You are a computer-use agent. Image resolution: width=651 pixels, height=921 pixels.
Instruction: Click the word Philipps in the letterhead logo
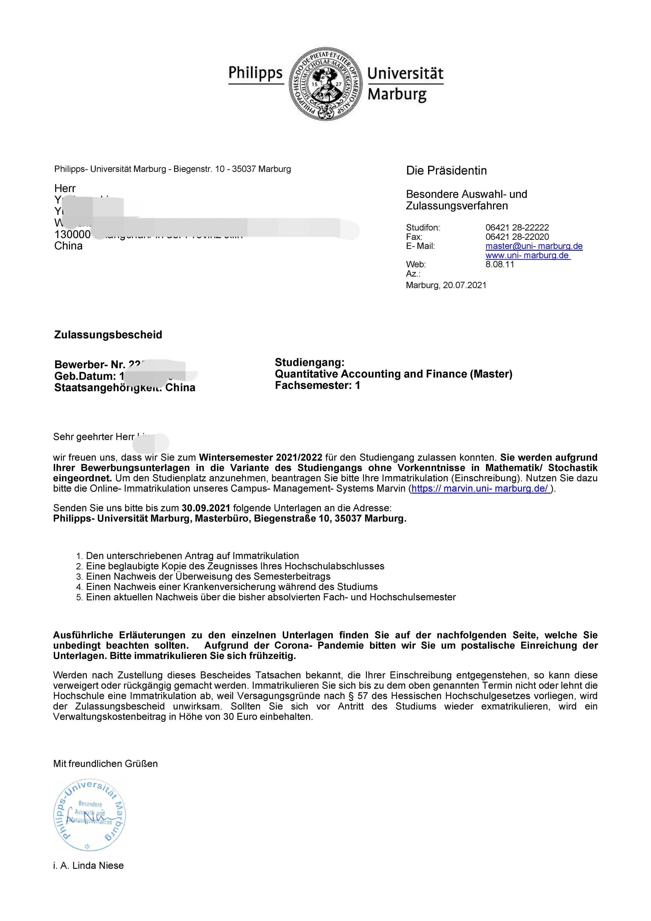pyautogui.click(x=256, y=73)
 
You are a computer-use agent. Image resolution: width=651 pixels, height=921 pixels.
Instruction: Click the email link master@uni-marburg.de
pyautogui.click(x=534, y=246)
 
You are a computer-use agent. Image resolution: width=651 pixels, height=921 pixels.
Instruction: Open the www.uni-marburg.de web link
pyautogui.click(x=528, y=255)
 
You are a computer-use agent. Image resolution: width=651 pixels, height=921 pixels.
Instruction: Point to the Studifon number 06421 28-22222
pyautogui.click(x=517, y=227)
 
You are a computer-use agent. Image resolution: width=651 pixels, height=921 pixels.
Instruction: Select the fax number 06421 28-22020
pyautogui.click(x=517, y=237)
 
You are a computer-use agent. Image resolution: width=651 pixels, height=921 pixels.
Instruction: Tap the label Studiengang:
pyautogui.click(x=310, y=363)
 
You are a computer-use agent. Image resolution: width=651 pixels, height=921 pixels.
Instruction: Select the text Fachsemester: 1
pyautogui.click(x=317, y=385)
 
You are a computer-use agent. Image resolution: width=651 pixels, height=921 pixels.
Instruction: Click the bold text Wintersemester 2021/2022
pyautogui.click(x=260, y=457)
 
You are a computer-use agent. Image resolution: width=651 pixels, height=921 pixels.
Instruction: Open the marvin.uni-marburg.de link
pyautogui.click(x=480, y=489)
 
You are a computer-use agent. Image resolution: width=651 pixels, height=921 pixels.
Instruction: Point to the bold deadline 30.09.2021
pyautogui.click(x=206, y=508)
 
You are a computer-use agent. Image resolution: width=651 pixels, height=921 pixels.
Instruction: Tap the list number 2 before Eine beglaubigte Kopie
pyautogui.click(x=79, y=567)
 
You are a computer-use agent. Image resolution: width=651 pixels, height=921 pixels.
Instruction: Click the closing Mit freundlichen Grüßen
pyautogui.click(x=105, y=763)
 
